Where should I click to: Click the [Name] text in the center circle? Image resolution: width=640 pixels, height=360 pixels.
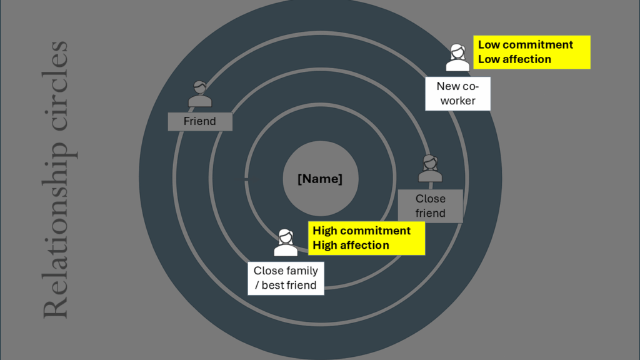(x=320, y=179)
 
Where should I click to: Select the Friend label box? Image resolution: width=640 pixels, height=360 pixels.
(x=200, y=121)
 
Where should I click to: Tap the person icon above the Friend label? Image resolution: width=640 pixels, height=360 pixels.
(x=200, y=94)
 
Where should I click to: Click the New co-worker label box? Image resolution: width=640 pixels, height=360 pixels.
(x=457, y=94)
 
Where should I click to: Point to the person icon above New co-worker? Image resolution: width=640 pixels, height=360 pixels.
(x=457, y=57)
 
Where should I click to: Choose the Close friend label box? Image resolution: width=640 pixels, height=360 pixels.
(x=431, y=206)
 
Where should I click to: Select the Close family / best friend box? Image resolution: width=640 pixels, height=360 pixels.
(x=286, y=278)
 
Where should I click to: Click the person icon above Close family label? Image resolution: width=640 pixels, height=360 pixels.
(x=286, y=242)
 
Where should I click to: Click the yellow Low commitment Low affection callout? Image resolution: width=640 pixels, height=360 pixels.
(x=532, y=52)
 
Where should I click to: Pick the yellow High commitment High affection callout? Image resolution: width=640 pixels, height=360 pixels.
(x=367, y=238)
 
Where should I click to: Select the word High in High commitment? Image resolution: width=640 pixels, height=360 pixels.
(x=325, y=231)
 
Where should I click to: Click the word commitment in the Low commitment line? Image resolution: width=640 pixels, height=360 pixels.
(x=537, y=45)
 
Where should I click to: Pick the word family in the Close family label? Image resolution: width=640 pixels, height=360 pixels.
(x=302, y=271)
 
